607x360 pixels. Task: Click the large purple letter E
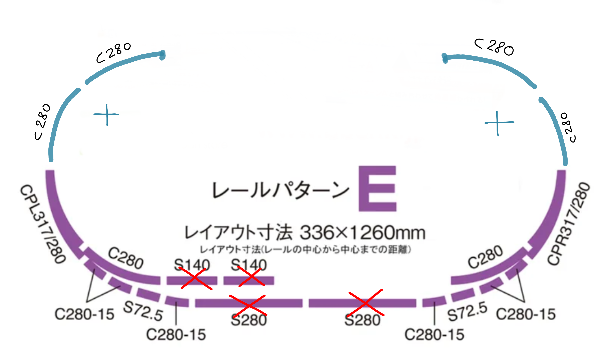[377, 188]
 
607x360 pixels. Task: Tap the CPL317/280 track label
[43, 224]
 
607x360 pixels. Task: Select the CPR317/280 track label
[569, 224]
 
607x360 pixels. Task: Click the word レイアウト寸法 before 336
[238, 232]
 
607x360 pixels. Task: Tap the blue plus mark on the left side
[106, 115]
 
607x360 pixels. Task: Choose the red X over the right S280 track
[366, 303]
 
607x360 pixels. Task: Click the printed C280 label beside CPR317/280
[485, 257]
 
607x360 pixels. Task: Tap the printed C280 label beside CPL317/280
[126, 258]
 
